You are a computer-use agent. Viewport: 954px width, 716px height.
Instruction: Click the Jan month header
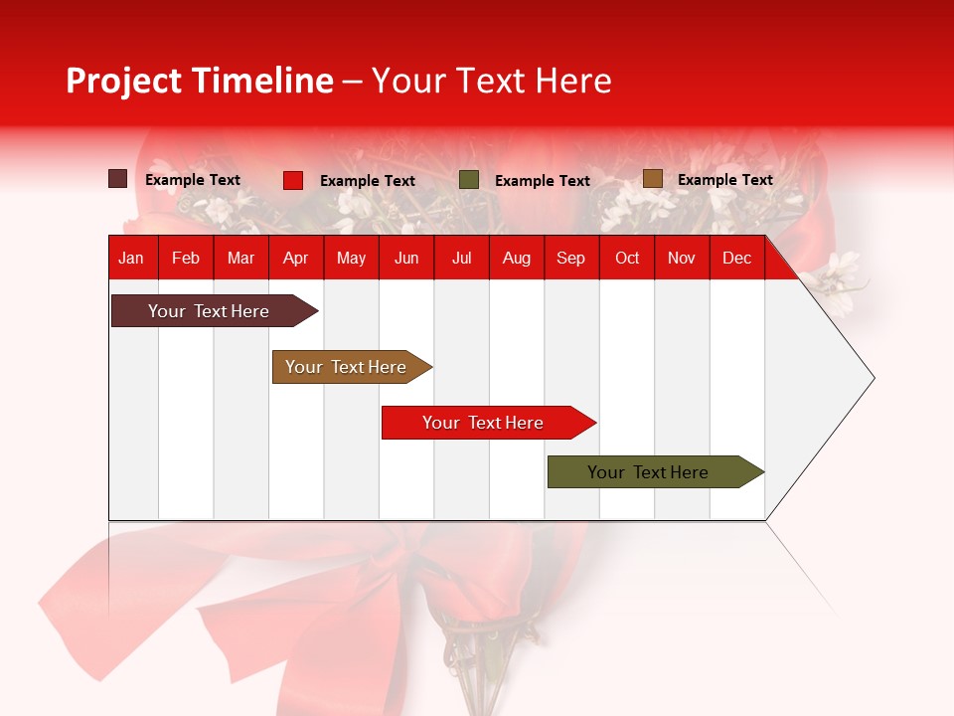click(x=131, y=258)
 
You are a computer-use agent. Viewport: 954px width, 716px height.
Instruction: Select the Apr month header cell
click(x=296, y=258)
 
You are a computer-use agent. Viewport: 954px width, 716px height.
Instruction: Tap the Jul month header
click(x=461, y=258)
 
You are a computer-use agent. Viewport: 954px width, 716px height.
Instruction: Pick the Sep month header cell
click(x=570, y=258)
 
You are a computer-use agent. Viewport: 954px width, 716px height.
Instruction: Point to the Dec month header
click(x=736, y=258)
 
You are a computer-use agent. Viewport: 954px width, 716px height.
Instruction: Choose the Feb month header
click(x=186, y=258)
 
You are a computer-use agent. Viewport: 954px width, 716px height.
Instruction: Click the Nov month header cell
click(x=682, y=258)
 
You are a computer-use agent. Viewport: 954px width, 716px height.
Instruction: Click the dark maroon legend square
click(x=118, y=179)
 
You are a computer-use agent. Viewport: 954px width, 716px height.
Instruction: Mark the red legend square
click(x=293, y=180)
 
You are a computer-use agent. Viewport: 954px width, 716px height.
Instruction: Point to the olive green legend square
click(x=469, y=180)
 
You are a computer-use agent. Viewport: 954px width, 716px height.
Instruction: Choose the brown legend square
click(x=652, y=179)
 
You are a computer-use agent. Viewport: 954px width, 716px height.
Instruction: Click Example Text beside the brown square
click(x=724, y=180)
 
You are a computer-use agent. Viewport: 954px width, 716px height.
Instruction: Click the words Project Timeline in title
click(x=199, y=81)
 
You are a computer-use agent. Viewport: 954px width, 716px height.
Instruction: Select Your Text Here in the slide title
click(x=492, y=81)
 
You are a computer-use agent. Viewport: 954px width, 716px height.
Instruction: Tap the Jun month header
click(x=406, y=258)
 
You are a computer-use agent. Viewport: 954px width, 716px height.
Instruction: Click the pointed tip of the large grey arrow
click(x=873, y=378)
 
